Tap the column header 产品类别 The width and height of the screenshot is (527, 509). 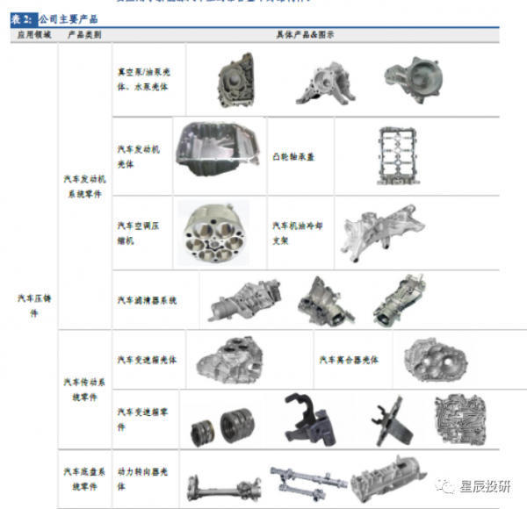click(84, 34)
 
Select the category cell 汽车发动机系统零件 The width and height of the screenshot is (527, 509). click(84, 187)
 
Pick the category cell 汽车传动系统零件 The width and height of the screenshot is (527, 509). click(84, 390)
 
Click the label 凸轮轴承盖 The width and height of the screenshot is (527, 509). click(293, 157)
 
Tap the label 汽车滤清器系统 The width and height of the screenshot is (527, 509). click(147, 300)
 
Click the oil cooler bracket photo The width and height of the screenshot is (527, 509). click(379, 231)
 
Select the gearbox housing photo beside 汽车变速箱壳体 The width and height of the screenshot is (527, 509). click(231, 360)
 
